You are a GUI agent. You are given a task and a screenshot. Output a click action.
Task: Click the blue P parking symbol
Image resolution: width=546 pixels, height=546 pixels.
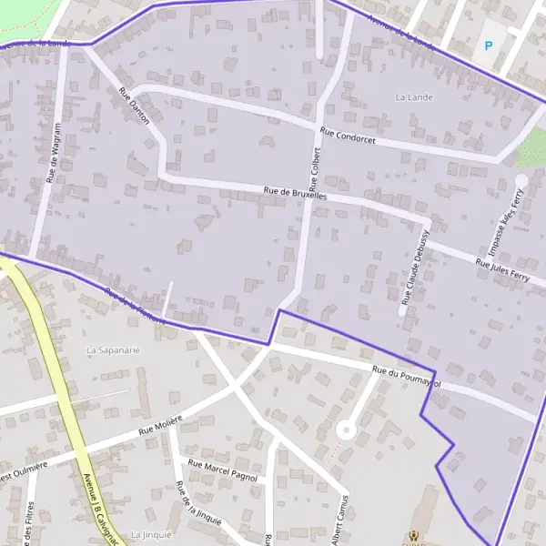489,45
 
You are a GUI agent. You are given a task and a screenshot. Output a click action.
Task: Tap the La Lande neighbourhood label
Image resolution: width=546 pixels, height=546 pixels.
415,96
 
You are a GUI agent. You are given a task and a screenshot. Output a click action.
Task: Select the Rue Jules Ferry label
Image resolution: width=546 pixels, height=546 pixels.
501,268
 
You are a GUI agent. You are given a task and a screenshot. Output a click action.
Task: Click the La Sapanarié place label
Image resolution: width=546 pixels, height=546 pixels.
113,349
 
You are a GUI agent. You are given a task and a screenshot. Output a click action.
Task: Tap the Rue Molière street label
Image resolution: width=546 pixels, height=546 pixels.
160,423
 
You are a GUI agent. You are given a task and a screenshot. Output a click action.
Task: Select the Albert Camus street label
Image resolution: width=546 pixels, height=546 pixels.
340,520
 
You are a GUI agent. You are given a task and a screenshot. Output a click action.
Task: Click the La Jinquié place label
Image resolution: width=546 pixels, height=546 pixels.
151,534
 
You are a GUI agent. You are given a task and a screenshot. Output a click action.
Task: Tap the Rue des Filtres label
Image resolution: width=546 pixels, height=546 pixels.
30,523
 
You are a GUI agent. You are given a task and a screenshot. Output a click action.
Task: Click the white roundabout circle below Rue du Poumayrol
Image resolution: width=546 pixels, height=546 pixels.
345,430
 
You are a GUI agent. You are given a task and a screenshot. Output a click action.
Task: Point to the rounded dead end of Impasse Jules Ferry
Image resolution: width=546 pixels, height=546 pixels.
521,180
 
